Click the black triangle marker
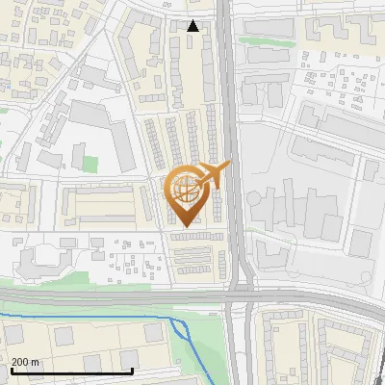pos(193,26)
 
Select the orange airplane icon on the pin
pos(214,174)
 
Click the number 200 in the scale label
pos(20,361)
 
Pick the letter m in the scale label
pos(36,361)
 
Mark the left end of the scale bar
pos(12,371)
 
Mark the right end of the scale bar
pos(132,371)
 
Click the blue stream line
pos(96,316)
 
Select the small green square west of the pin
pos(90,165)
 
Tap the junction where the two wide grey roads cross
pos(237,295)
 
